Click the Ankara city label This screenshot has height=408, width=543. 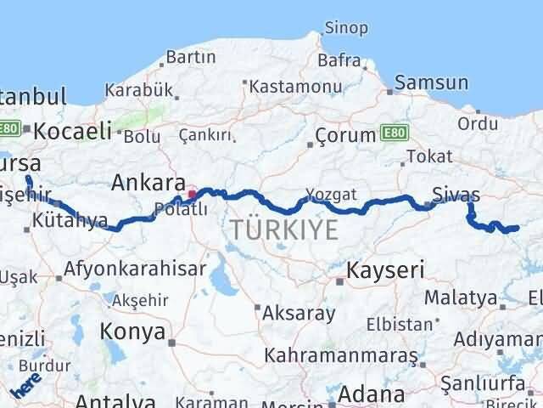click(x=148, y=183)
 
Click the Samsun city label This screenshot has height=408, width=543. click(x=433, y=83)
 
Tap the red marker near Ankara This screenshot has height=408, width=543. click(x=193, y=194)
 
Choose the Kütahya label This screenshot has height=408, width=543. click(x=72, y=221)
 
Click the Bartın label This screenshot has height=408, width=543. click(x=192, y=57)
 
